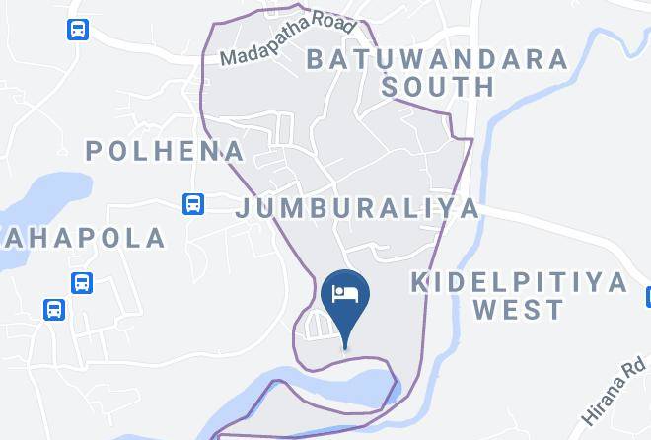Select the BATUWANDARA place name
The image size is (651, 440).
pos(437,58)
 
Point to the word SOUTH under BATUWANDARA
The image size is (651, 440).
pos(438,87)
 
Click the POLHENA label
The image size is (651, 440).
pos(165,151)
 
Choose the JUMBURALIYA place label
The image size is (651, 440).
pos(357,208)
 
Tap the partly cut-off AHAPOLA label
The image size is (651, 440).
pos(83,238)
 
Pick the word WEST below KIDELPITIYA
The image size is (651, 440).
pos(518,311)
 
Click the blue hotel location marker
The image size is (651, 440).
pos(345,296)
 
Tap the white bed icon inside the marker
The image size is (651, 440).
pos(345,293)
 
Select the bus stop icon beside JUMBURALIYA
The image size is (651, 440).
pos(194,204)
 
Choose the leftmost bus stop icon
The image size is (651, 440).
pos(54,309)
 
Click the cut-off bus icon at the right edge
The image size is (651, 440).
pos(647,297)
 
